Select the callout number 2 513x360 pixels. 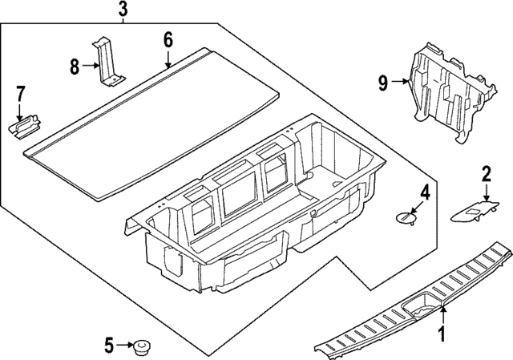coord(486,173)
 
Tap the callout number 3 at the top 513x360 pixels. coord(123,10)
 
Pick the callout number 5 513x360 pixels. coord(109,346)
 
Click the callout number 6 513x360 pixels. coord(168,39)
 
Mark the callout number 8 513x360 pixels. coord(75,67)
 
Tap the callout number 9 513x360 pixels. coord(383,80)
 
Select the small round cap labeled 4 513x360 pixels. coord(408,217)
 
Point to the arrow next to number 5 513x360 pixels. coord(126,346)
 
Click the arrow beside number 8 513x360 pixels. coord(91,67)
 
